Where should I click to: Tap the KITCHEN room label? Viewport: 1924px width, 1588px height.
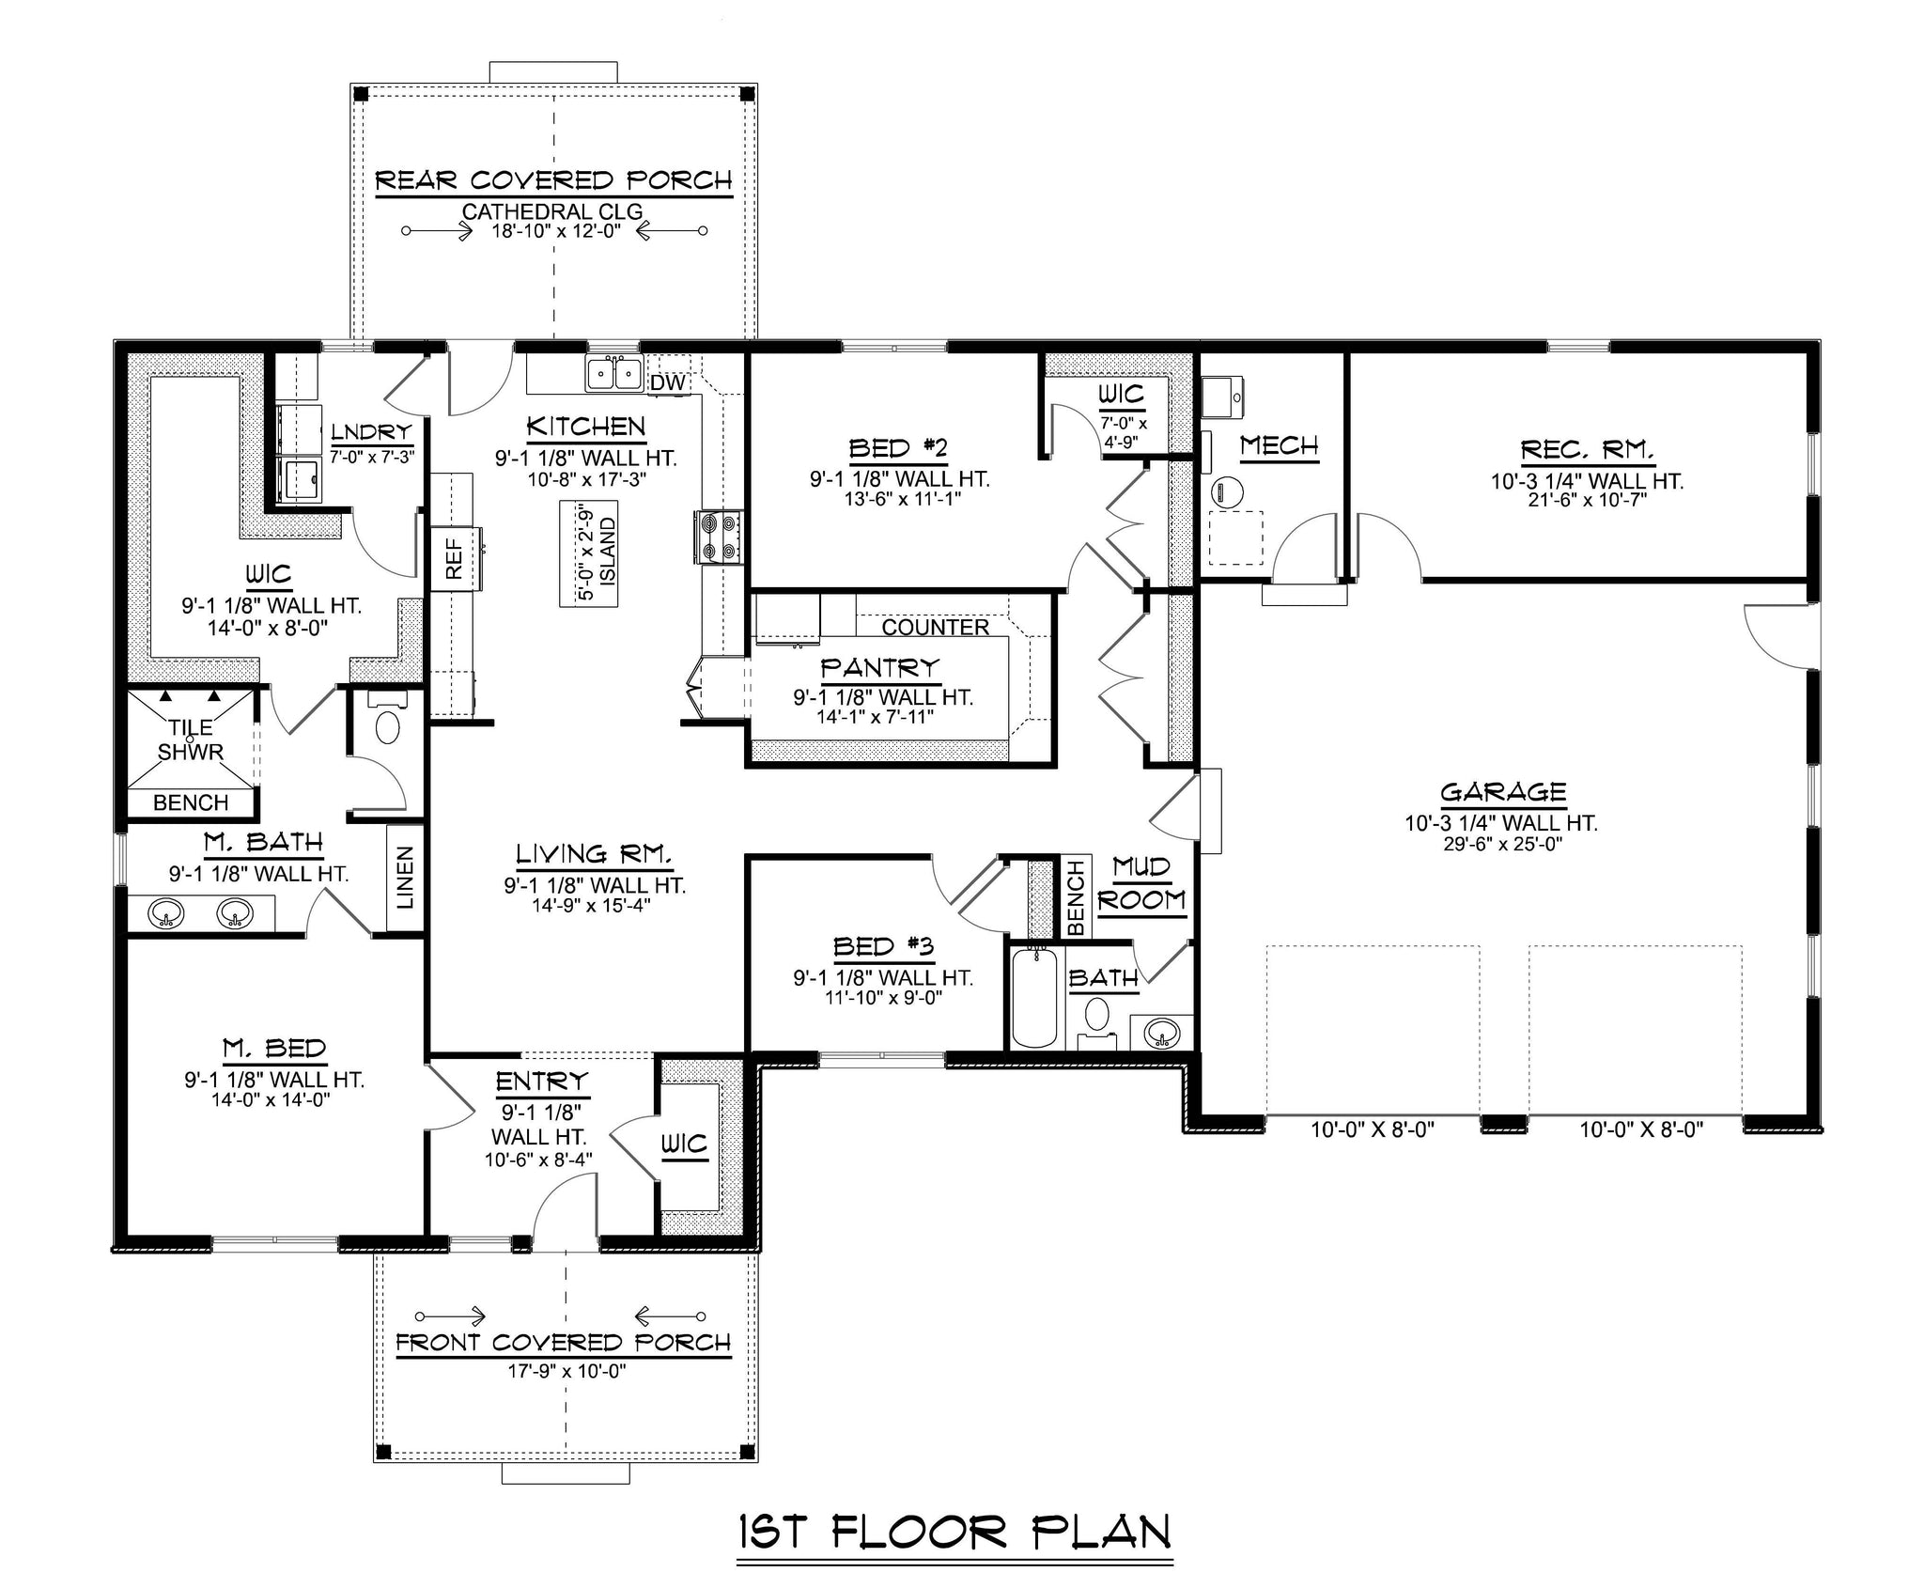click(586, 427)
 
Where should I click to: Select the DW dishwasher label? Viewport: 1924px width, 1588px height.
click(668, 382)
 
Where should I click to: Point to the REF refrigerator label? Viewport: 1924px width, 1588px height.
click(455, 558)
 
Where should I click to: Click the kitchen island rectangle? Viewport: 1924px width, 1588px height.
click(589, 553)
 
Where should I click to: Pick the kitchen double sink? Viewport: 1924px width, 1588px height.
click(614, 373)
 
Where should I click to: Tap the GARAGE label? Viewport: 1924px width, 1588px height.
click(1503, 792)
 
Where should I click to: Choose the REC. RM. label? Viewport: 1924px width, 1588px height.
click(1587, 450)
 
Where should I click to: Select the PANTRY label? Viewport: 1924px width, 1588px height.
click(880, 668)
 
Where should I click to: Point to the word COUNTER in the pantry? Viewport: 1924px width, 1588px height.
click(936, 627)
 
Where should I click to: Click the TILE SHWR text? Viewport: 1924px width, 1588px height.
click(192, 740)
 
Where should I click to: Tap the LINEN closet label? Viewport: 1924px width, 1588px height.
click(405, 878)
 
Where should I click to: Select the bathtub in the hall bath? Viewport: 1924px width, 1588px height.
click(1034, 996)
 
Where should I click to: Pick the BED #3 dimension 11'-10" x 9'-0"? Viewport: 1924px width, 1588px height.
click(881, 998)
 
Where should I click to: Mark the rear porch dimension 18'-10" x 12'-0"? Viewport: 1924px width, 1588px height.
click(555, 231)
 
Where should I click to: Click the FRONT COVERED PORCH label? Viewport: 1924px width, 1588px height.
click(563, 1343)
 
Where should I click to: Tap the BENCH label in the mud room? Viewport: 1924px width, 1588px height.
click(1076, 898)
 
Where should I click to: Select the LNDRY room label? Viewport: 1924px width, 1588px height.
click(372, 432)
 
